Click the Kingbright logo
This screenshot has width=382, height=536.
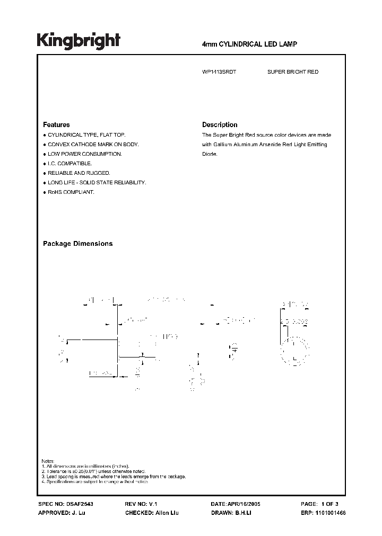(x=78, y=41)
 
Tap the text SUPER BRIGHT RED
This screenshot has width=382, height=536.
(x=293, y=72)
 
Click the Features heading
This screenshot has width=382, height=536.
(x=56, y=125)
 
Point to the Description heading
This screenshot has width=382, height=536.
(x=220, y=125)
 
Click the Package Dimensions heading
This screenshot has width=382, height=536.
(x=77, y=244)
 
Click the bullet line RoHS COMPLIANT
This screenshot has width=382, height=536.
(x=70, y=192)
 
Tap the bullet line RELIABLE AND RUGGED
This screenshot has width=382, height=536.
(x=79, y=173)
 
